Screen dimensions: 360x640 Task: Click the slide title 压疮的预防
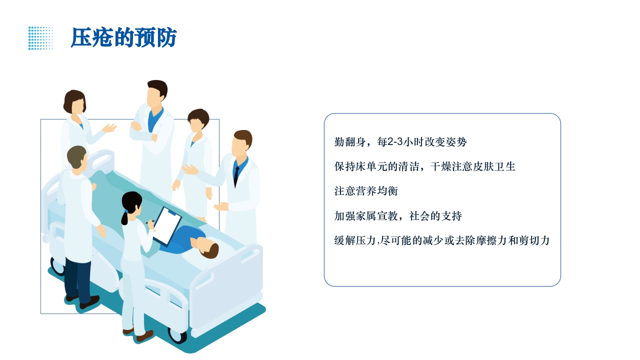(123, 38)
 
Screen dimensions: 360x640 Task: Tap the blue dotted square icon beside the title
(40, 38)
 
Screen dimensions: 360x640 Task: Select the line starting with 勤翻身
(400, 142)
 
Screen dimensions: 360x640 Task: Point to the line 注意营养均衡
(366, 191)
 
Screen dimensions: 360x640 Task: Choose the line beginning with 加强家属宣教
(398, 216)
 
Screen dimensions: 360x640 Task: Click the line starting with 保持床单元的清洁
(424, 166)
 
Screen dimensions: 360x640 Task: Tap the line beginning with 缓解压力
(442, 240)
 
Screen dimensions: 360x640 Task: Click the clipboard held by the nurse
(167, 225)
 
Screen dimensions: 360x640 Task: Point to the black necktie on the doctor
(236, 175)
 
